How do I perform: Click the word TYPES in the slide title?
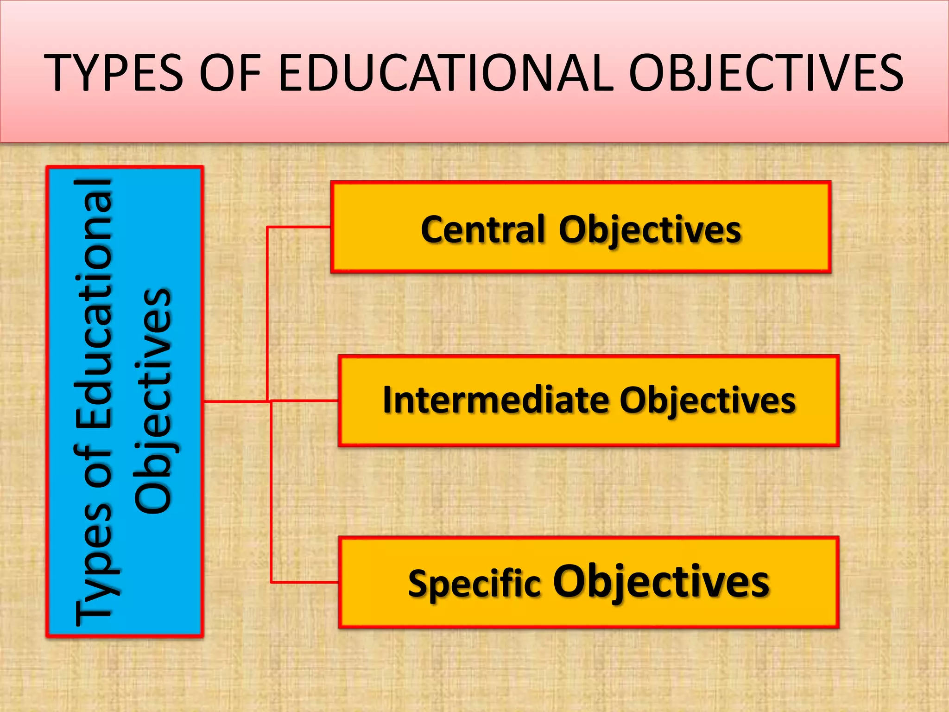tap(113, 73)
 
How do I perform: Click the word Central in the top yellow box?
tap(482, 229)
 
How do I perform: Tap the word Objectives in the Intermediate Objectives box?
tap(708, 401)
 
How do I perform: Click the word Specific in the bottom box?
tap(474, 583)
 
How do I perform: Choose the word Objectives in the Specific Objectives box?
tap(661, 582)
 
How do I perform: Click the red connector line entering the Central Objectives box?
tap(298, 227)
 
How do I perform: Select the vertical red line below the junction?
tap(271, 491)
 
